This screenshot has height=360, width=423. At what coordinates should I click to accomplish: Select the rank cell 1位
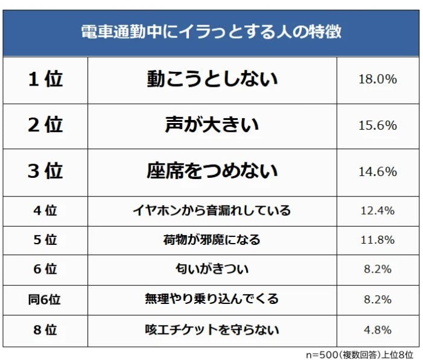(45, 79)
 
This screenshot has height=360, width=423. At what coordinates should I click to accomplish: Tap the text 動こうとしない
(212, 79)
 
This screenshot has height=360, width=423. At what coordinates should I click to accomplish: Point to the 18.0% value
(378, 79)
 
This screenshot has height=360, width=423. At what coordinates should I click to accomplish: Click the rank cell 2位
(45, 125)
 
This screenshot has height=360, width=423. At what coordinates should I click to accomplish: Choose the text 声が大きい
(212, 125)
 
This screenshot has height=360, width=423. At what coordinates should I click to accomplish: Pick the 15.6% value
(378, 125)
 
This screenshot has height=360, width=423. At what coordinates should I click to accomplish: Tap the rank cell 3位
(45, 171)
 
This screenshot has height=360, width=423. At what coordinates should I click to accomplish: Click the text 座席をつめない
(212, 171)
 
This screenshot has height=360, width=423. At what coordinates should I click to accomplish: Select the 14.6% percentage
(378, 172)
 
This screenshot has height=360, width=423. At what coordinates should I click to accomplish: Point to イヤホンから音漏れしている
(212, 210)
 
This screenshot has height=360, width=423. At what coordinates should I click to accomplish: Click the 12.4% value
(378, 210)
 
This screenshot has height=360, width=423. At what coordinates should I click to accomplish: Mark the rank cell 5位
(45, 240)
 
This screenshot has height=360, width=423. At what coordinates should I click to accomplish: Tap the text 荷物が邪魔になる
(212, 240)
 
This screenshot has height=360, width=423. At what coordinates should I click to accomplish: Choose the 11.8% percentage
(378, 240)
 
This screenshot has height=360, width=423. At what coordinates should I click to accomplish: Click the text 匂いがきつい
(212, 270)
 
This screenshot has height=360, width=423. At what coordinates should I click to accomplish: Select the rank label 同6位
(45, 300)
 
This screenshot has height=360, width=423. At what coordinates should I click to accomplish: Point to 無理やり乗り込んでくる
(212, 300)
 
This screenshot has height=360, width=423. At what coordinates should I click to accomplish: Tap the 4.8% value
(378, 330)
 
